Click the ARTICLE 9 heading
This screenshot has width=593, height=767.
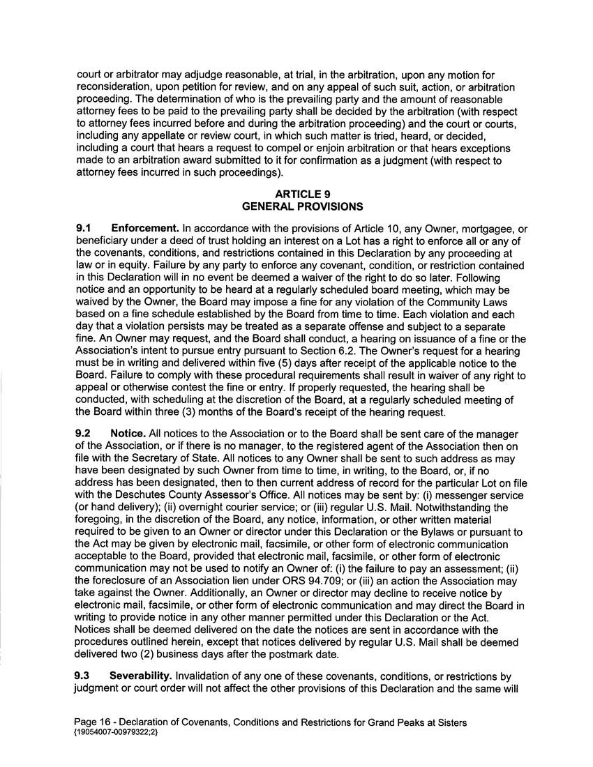pos(301,195)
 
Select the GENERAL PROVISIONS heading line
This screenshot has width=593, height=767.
pos(301,206)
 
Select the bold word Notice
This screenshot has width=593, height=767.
pos(128,434)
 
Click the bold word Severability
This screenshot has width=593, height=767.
pos(141,676)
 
